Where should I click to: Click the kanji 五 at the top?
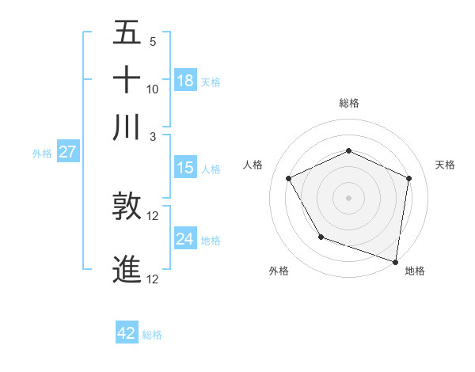tap(127, 33)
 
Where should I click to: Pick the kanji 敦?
tap(127, 207)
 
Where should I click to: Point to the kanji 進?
tap(127, 269)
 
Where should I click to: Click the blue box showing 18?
tap(185, 80)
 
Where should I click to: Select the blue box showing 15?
tap(185, 168)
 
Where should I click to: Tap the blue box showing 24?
tap(185, 239)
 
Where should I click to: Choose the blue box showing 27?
tap(67, 152)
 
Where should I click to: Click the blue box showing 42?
tap(127, 333)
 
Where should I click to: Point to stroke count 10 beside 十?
tap(153, 89)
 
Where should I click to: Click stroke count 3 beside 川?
tap(153, 136)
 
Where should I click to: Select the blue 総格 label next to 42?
tap(152, 335)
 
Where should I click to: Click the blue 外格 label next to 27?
tap(42, 154)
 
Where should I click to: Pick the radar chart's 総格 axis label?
tap(348, 103)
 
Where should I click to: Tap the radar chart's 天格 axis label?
tap(445, 165)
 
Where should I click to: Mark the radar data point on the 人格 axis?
tap(289, 178)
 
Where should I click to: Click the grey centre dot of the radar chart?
tap(348, 197)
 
